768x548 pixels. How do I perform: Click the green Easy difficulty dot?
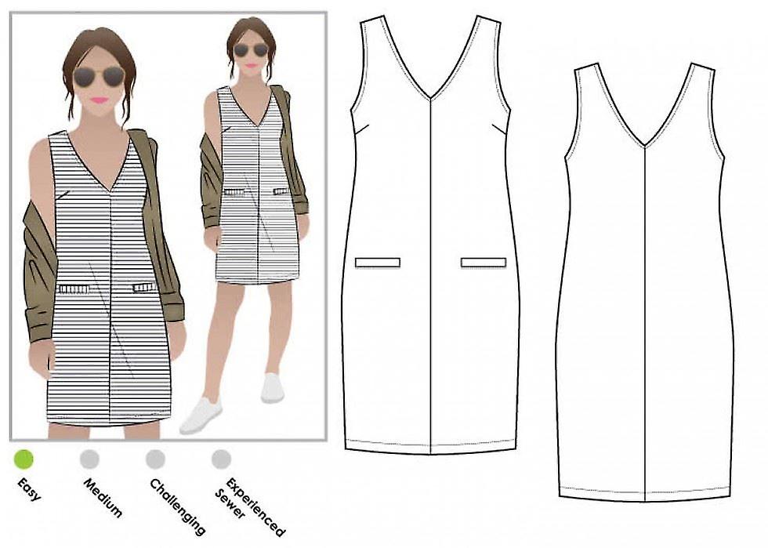tap(24, 459)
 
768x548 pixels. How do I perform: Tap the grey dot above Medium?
tap(89, 459)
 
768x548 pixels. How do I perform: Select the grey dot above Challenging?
tap(155, 459)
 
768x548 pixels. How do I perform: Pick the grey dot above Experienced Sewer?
tap(221, 459)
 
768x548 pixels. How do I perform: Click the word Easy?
tap(29, 490)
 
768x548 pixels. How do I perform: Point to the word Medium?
tap(103, 498)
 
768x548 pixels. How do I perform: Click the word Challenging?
tap(177, 506)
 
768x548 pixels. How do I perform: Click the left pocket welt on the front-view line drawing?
tap(378, 263)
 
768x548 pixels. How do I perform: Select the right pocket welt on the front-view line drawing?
tap(484, 263)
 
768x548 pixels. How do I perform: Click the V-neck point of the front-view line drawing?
tap(430, 99)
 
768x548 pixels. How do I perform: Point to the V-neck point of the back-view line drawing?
tap(645, 146)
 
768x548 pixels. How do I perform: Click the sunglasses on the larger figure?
tap(100, 77)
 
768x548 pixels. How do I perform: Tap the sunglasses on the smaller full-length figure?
tap(252, 49)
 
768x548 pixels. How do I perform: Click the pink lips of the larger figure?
tap(100, 100)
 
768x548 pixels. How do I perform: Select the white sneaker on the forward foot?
tap(201, 416)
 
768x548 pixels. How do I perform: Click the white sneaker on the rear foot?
tap(273, 388)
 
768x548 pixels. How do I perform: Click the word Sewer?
tap(230, 504)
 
